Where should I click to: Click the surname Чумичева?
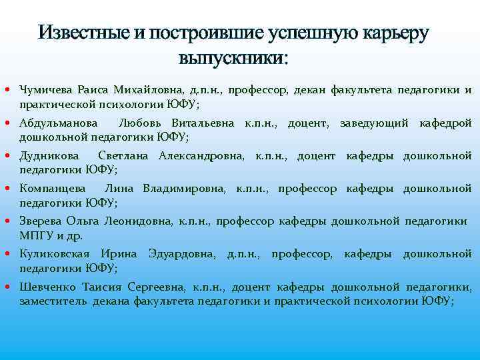tap(46, 91)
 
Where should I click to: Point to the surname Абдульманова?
tap(59, 123)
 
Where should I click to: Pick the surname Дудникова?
tap(49, 156)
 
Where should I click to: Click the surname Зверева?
tap(41, 221)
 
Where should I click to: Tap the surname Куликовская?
tap(55, 254)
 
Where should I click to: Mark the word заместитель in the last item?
tap(53, 301)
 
